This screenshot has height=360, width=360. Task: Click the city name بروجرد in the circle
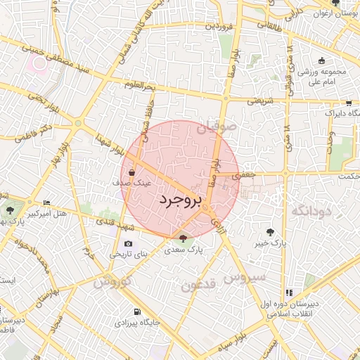179,200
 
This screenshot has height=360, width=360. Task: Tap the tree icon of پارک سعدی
184,238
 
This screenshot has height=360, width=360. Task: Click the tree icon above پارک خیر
270,231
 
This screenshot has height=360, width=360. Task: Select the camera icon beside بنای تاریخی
128,243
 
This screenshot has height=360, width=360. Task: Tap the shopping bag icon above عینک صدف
132,171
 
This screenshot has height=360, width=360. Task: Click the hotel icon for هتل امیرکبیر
47,202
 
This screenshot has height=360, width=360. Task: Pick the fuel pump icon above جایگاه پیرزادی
136,311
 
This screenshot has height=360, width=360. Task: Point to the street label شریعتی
259,101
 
